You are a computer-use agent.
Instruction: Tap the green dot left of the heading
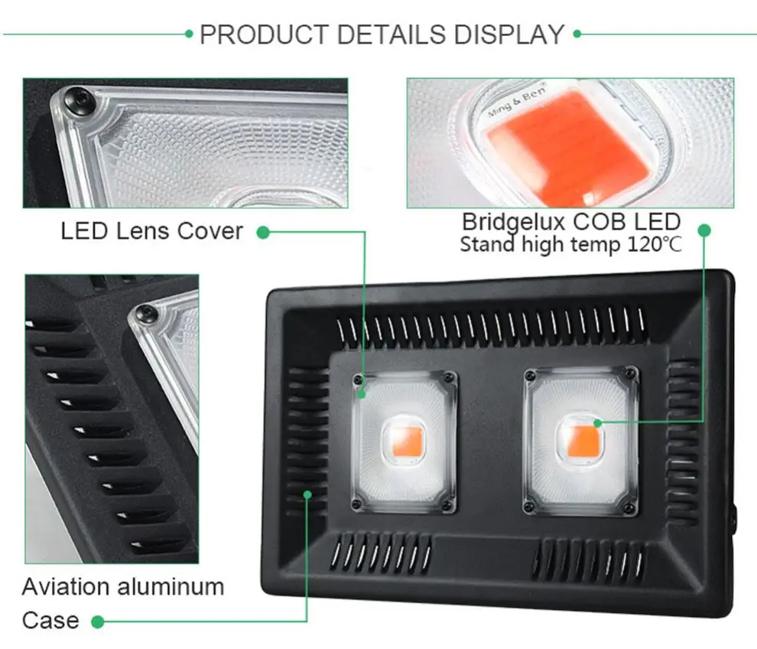tap(189, 34)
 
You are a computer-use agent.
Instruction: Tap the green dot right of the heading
tap(577, 34)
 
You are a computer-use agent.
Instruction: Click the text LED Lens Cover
tap(151, 231)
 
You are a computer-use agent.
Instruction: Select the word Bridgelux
tap(513, 222)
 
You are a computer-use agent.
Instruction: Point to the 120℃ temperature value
tap(655, 244)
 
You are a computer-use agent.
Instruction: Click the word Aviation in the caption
tap(66, 587)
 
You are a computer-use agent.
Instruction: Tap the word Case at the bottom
tap(50, 621)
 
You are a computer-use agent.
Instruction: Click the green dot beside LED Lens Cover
tap(262, 233)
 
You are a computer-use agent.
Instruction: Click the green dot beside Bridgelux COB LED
tap(704, 230)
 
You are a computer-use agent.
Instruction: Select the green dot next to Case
tap(98, 621)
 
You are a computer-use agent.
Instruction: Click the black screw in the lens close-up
tap(80, 101)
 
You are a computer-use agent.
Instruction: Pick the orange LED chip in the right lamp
tap(583, 441)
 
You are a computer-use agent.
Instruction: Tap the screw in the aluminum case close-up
tap(145, 314)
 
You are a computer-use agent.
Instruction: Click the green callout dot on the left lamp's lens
tap(361, 394)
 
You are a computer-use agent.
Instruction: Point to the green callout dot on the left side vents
tap(307, 494)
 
